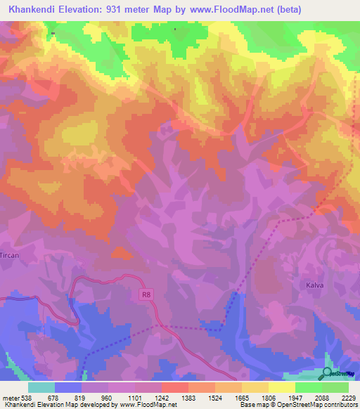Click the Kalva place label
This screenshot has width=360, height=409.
click(x=314, y=286)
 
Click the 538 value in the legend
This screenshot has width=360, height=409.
click(x=25, y=398)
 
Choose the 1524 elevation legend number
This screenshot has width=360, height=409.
click(x=214, y=398)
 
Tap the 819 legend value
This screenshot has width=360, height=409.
click(x=79, y=398)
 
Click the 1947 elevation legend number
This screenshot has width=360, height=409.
click(x=295, y=398)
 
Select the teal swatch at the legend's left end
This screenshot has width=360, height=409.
click(x=41, y=387)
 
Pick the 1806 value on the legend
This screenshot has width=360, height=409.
click(x=269, y=398)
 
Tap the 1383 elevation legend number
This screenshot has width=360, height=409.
click(x=188, y=398)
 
